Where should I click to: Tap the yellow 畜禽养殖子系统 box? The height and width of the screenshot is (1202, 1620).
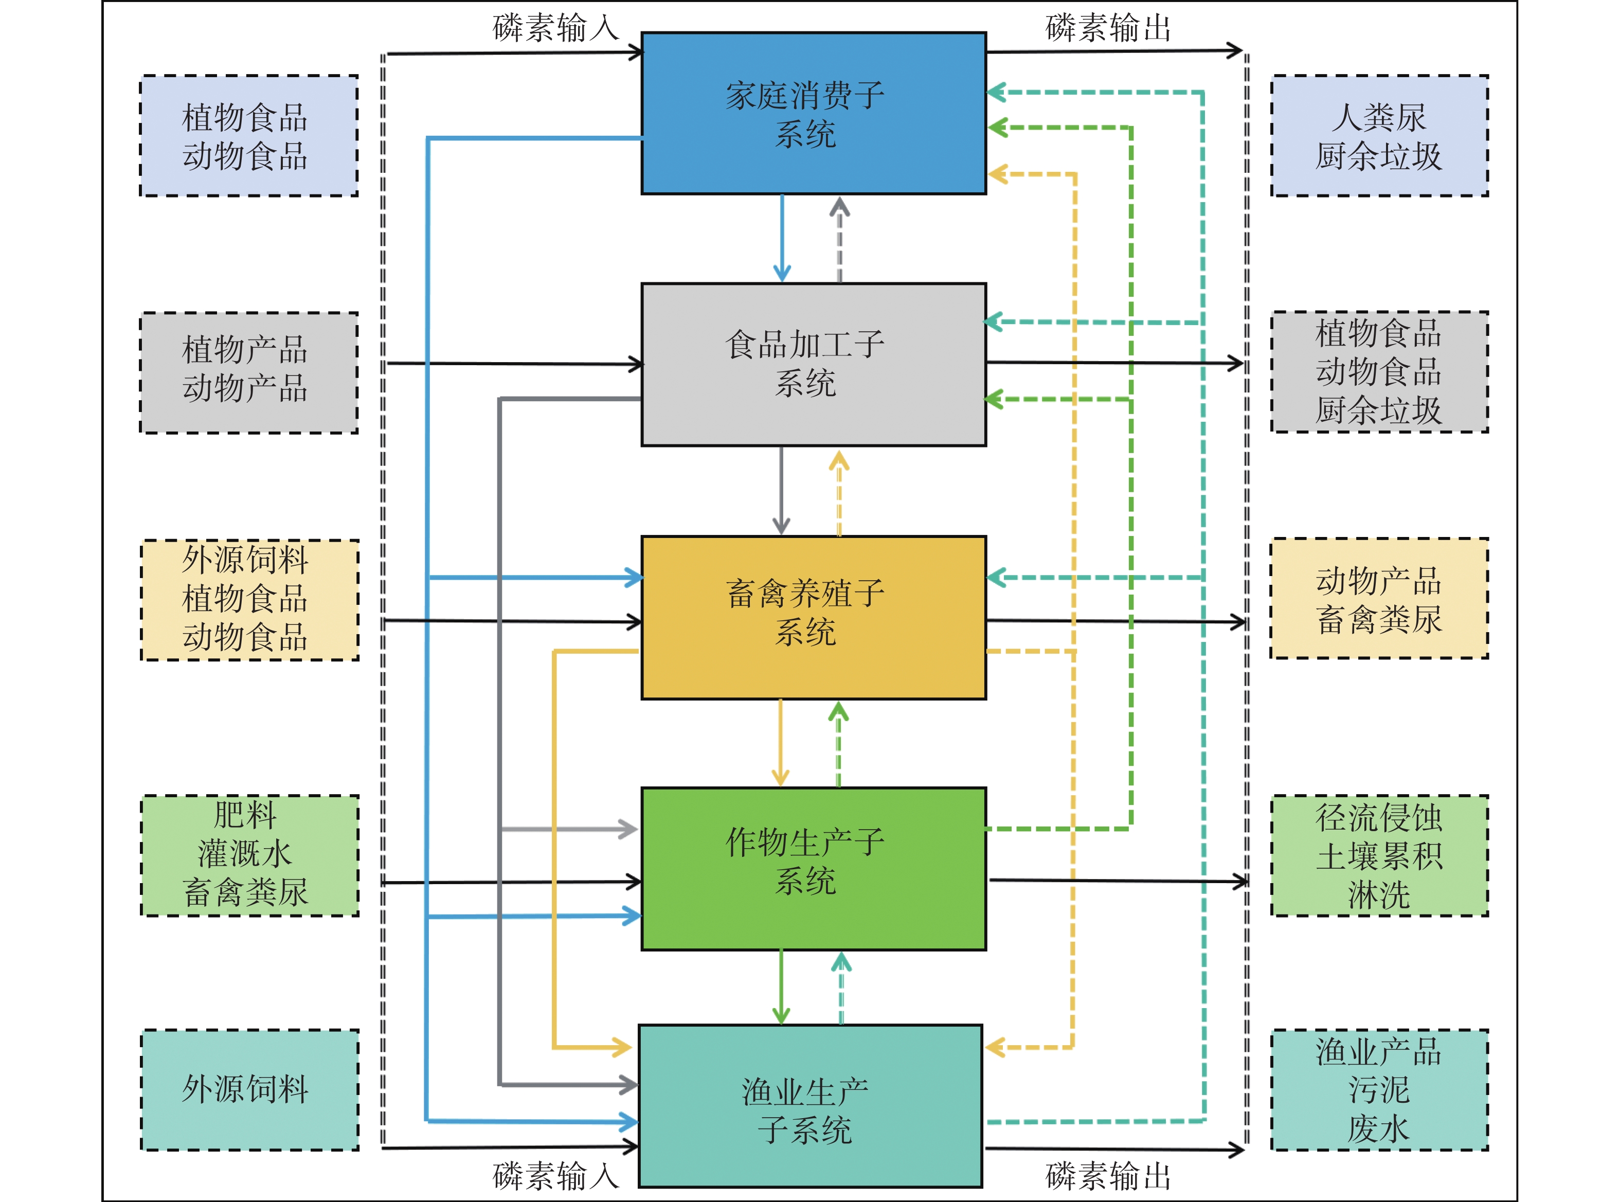[x=813, y=618]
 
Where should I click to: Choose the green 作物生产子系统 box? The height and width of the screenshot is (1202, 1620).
[x=813, y=869]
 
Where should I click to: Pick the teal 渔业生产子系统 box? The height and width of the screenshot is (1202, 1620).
[x=811, y=1106]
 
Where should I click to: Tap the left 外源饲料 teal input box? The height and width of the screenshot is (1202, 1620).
[x=249, y=1090]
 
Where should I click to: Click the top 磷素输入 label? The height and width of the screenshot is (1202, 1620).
[x=556, y=28]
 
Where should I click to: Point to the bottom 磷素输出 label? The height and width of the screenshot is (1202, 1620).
[x=1108, y=1176]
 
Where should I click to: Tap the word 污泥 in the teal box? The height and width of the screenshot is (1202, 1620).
[x=1378, y=1090]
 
